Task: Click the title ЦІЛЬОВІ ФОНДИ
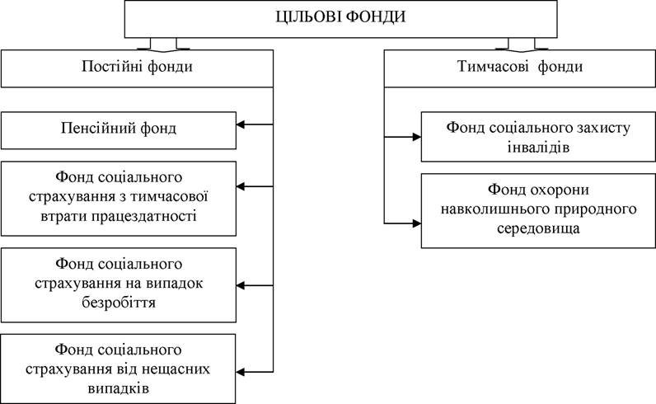pos(340,16)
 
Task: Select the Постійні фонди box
pos(138,68)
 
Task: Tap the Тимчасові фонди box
pos(520,68)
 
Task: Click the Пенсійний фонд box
pos(119,130)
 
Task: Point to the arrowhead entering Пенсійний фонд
pos(241,124)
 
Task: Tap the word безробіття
pos(119,303)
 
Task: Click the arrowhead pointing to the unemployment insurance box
pos(241,285)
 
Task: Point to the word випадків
pos(119,388)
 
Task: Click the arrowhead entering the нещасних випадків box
pos(241,372)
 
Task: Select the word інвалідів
pos(538,148)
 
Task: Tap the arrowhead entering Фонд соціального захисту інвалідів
pos(417,137)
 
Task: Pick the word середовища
pos(538,228)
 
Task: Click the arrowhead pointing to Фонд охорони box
pos(417,223)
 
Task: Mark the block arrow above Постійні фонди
pos(163,45)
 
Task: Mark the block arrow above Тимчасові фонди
pos(522,45)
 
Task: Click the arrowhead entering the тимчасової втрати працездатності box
pos(241,186)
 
